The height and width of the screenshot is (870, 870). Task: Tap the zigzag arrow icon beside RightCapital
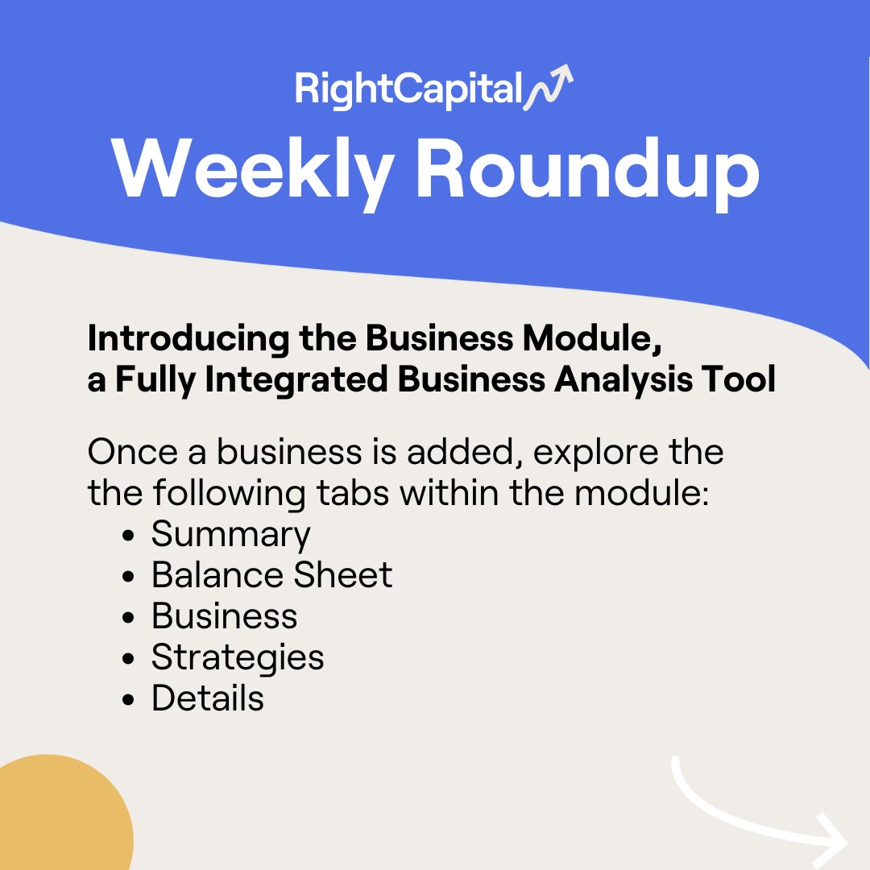[549, 87]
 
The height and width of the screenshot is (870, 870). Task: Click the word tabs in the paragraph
[351, 493]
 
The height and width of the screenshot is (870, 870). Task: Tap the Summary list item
[230, 534]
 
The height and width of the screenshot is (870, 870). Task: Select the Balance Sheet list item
[271, 575]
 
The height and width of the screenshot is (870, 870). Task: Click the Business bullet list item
[224, 616]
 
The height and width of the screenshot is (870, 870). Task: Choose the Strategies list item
[238, 657]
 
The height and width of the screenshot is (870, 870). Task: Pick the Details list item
[207, 698]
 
